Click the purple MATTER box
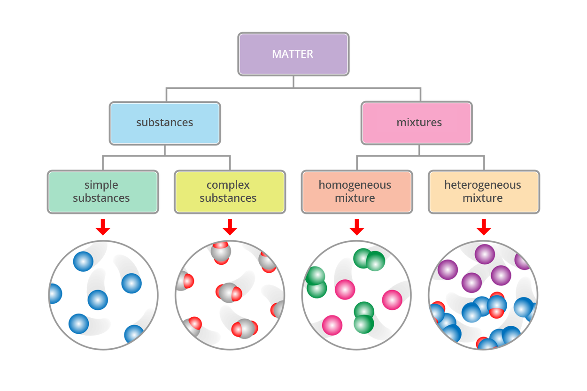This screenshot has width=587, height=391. (293, 54)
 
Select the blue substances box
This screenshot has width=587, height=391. (165, 123)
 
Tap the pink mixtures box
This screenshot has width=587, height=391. (417, 123)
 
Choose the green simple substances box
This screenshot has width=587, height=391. (103, 192)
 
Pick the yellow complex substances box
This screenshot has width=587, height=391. (230, 192)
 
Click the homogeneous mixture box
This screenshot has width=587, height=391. (356, 192)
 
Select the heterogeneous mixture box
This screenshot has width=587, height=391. (484, 192)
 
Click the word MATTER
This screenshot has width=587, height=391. (293, 54)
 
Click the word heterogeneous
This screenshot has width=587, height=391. (482, 185)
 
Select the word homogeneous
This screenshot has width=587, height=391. (355, 185)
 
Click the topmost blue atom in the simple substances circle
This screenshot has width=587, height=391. (84, 261)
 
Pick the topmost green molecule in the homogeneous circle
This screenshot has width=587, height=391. (369, 260)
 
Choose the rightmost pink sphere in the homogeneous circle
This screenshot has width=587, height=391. (392, 300)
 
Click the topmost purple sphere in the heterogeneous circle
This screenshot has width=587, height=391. (485, 254)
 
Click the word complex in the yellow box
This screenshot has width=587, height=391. (228, 185)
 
